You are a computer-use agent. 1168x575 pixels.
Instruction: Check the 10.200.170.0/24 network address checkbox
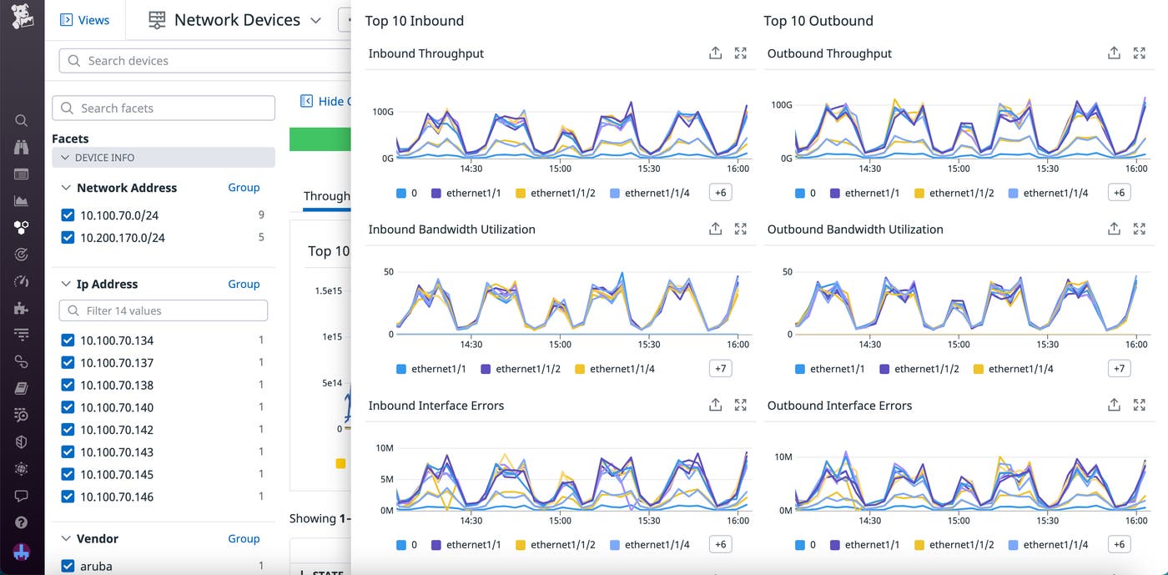[68, 238]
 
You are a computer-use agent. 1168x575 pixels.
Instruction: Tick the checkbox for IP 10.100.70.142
[68, 430]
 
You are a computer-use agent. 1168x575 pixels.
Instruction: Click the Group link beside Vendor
[244, 539]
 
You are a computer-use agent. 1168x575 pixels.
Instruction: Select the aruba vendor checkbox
[68, 566]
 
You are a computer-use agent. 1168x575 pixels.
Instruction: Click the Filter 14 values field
[164, 310]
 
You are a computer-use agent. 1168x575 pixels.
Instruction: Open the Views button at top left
[85, 20]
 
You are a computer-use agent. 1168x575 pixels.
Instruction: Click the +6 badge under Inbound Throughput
[720, 193]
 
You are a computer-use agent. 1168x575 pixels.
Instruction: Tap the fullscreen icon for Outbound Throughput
[1139, 53]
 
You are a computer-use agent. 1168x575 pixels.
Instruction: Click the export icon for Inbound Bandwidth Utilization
[715, 229]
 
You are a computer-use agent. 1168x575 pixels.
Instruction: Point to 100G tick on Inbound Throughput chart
[383, 111]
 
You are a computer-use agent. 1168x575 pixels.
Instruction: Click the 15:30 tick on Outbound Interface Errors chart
[1047, 521]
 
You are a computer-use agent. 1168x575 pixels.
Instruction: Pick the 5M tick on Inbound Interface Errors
[386, 479]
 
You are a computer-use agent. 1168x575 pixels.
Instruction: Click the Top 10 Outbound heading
[818, 21]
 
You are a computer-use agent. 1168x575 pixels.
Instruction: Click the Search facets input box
[164, 108]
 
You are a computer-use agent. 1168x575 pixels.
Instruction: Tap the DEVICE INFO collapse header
[164, 158]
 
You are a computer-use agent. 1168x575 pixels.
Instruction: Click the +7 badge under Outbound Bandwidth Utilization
[1119, 369]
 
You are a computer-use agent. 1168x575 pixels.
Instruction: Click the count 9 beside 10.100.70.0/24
[261, 215]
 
